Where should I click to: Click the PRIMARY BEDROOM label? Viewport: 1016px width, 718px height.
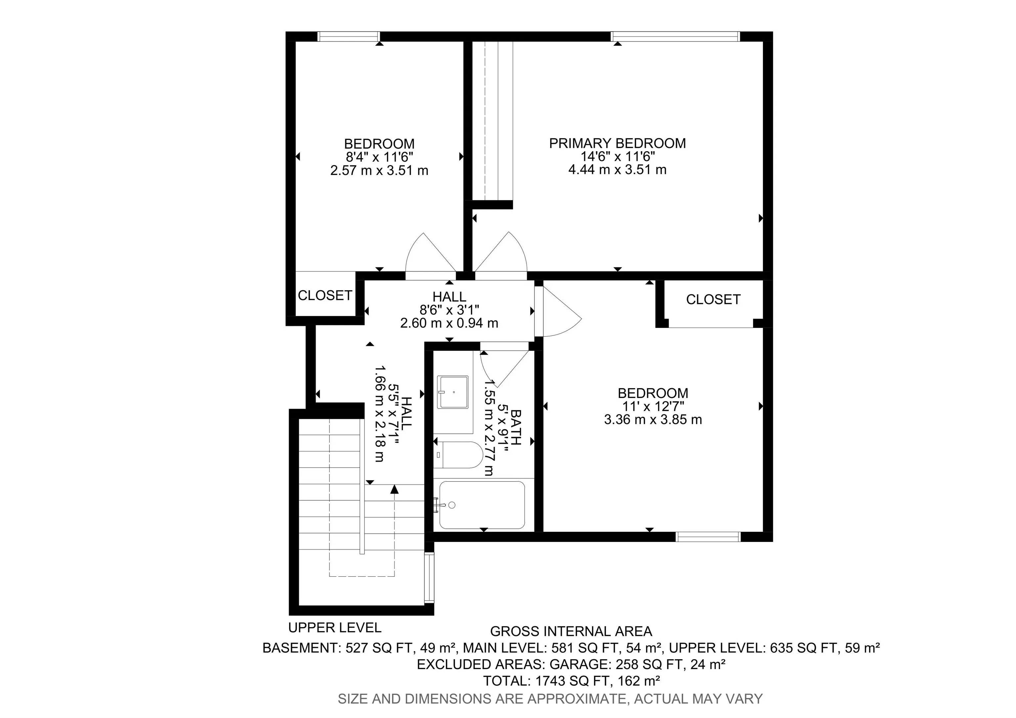coord(617,143)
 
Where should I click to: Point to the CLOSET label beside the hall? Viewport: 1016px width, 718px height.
coord(325,295)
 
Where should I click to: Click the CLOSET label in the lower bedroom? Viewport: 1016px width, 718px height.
coord(713,300)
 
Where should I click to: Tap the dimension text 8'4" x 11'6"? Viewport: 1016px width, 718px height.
coord(379,157)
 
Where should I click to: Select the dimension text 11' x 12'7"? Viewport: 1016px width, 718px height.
coord(653,406)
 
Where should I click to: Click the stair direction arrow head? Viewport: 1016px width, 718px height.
coord(394,489)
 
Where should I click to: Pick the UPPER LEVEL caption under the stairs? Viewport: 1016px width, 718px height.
coord(335,628)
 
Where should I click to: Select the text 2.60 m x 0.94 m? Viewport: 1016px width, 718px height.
coord(449,323)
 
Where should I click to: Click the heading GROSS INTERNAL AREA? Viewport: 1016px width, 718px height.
coord(571,631)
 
